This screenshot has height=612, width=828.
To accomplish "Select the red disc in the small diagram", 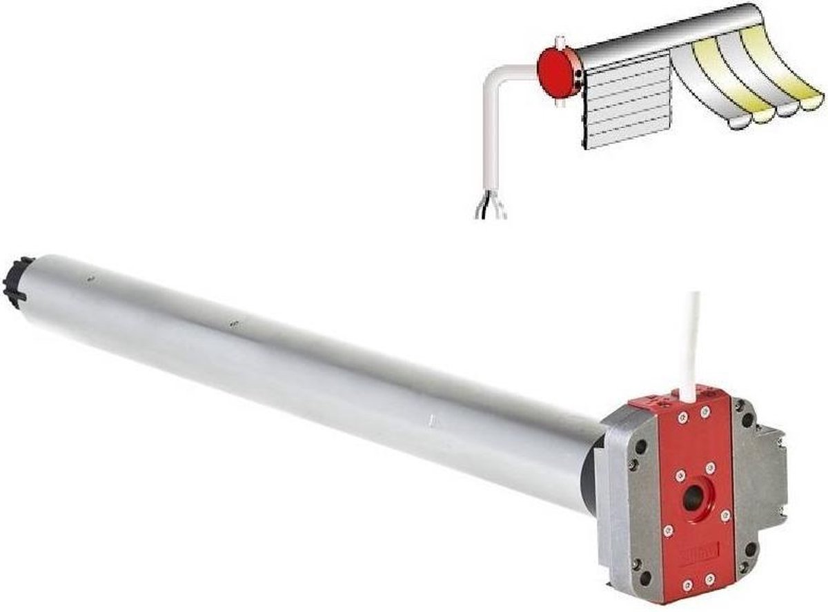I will point(558,72).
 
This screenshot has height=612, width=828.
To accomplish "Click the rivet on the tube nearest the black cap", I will point(89,279).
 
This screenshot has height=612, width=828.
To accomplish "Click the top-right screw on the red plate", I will point(704,412).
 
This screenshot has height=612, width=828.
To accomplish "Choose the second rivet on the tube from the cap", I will point(235,323).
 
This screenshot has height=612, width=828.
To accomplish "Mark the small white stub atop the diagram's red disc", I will point(560,42).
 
